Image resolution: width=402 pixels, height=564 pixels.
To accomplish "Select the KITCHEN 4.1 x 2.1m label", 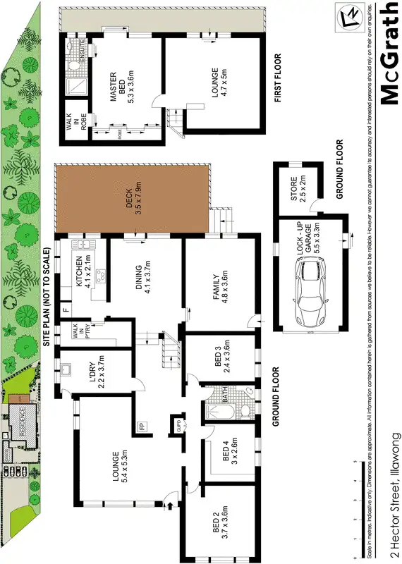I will tap(84, 274).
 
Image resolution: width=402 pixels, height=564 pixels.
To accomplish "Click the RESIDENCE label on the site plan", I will tap(21, 429).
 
